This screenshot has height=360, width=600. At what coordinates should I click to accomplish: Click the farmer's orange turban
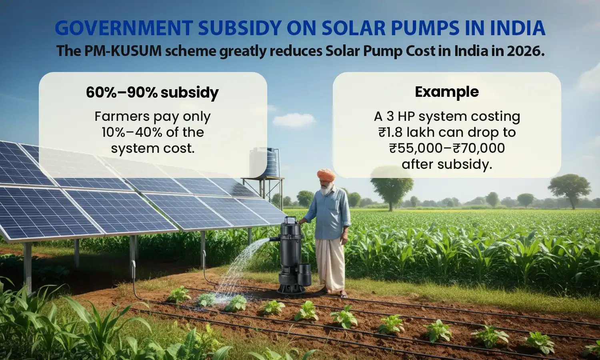pyautogui.click(x=326, y=175)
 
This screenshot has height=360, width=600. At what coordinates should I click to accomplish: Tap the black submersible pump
pyautogui.click(x=292, y=256)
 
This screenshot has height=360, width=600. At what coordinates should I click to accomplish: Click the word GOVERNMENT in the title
pyautogui.click(x=124, y=28)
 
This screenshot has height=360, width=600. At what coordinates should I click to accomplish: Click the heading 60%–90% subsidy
pyautogui.click(x=152, y=92)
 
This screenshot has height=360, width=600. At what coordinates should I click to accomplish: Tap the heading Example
pyautogui.click(x=447, y=92)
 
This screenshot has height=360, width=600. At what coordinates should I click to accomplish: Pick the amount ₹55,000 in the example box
pyautogui.click(x=416, y=148)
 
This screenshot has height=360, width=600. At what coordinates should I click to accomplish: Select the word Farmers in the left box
pyautogui.click(x=116, y=116)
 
